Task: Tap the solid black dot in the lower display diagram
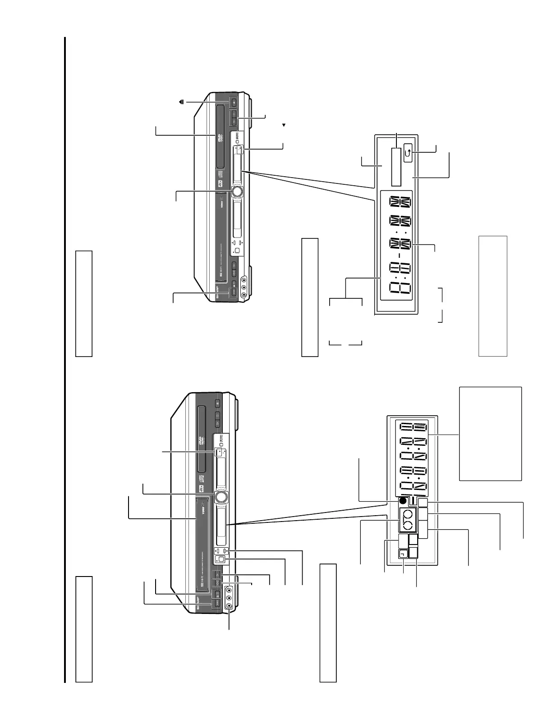click(403, 501)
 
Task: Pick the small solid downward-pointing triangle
click(284, 124)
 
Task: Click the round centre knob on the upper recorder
click(237, 192)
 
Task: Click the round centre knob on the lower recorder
click(221, 496)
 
